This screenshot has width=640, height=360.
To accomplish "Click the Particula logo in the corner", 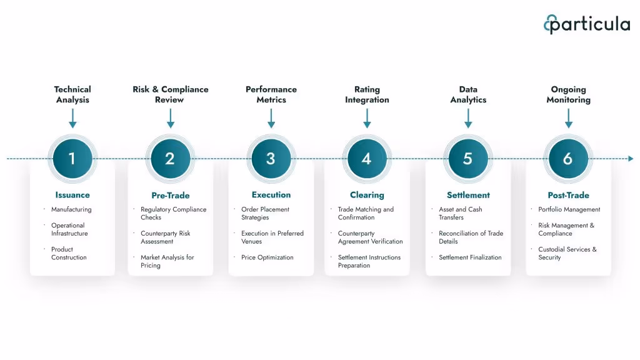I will click(586, 24).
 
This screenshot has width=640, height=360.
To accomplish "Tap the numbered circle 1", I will click(72, 159).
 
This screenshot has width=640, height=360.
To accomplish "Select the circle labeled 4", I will click(367, 159).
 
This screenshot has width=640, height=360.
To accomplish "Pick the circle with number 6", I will click(567, 159).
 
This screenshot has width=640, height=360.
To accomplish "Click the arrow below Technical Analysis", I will click(72, 117).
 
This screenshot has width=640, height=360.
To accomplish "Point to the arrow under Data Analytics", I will click(468, 117).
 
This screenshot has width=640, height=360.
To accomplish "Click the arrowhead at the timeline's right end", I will click(630, 159).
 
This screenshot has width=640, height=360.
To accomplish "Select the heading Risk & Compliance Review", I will click(170, 94).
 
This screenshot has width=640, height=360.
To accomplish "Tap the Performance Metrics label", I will click(271, 94).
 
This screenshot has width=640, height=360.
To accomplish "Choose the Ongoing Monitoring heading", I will click(568, 94).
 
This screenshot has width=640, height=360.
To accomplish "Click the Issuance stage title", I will click(72, 195).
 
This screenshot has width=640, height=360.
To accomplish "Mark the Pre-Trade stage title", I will click(170, 195).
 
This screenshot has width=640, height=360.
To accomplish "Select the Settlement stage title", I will click(468, 195).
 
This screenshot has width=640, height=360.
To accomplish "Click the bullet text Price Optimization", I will click(267, 257).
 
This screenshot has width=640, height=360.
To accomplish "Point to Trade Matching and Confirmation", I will click(366, 213).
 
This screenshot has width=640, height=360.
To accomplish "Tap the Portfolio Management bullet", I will click(569, 209).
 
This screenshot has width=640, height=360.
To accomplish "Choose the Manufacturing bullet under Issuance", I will click(71, 209).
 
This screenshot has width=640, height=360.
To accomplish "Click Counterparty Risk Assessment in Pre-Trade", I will click(165, 237).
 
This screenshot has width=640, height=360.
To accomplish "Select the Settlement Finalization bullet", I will click(470, 257).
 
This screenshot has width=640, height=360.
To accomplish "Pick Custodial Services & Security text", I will click(567, 253).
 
